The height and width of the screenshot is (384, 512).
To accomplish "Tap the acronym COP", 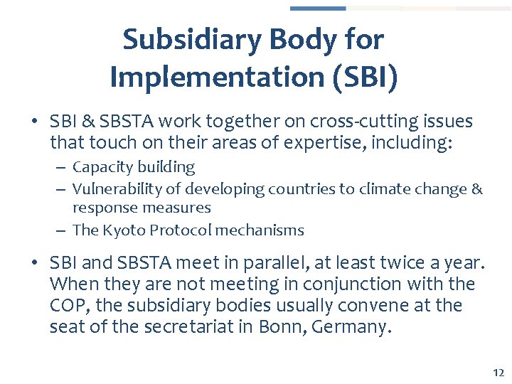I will pos(66,306).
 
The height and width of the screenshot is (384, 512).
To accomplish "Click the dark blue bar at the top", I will pos(317,9).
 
